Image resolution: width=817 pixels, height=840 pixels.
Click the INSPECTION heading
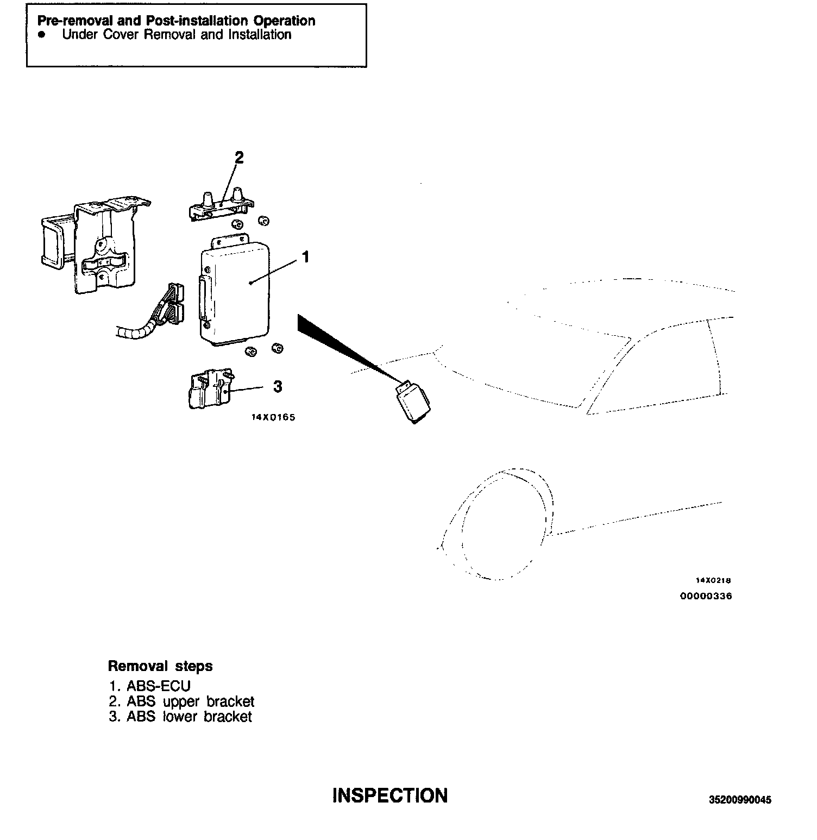pyautogui.click(x=390, y=795)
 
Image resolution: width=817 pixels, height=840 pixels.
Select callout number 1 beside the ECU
pyautogui.click(x=306, y=256)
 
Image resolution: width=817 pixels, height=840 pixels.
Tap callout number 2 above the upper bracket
pyautogui.click(x=239, y=158)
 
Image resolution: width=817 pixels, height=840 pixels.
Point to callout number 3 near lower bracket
pyautogui.click(x=278, y=387)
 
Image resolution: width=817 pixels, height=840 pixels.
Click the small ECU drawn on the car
pyautogui.click(x=413, y=402)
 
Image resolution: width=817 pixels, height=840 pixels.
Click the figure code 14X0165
pyautogui.click(x=273, y=418)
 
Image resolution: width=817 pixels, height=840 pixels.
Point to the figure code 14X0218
pyautogui.click(x=713, y=580)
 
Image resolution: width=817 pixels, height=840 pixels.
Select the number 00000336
pyautogui.click(x=706, y=596)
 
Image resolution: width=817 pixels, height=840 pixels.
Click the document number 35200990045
pyautogui.click(x=740, y=800)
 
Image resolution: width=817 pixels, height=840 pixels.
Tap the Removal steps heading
pyautogui.click(x=160, y=666)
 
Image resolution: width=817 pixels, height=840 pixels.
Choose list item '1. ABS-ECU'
pyautogui.click(x=149, y=686)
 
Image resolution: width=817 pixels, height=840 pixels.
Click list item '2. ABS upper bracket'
pyautogui.click(x=181, y=701)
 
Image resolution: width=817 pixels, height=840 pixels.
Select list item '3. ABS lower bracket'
pyautogui.click(x=180, y=717)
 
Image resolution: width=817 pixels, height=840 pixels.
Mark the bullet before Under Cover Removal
pyautogui.click(x=41, y=35)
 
